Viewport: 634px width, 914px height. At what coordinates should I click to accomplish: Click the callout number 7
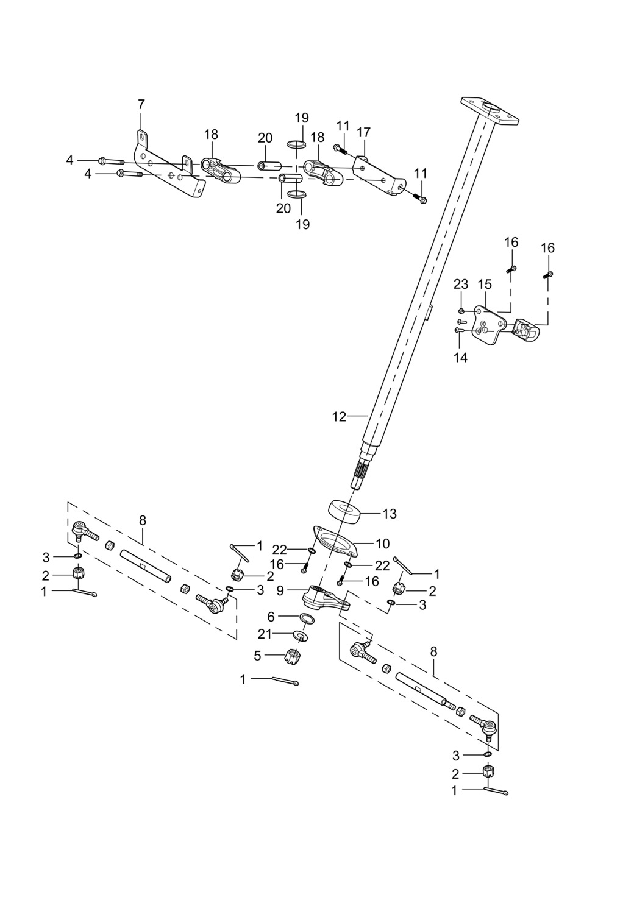coord(141,104)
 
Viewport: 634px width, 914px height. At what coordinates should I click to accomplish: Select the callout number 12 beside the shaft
coord(339,417)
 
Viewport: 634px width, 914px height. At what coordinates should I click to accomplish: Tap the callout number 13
coord(390,514)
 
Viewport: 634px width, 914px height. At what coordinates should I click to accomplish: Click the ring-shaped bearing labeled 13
coord(345,511)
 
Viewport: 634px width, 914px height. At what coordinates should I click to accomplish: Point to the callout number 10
coord(383,543)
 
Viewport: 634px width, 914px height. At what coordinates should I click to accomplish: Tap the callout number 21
coord(264,634)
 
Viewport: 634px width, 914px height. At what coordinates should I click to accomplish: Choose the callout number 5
coord(257,655)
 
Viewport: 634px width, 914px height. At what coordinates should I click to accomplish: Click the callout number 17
coord(363,132)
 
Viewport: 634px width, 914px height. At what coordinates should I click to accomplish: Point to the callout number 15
coord(484,284)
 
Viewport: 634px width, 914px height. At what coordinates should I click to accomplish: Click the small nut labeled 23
coord(463,311)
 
